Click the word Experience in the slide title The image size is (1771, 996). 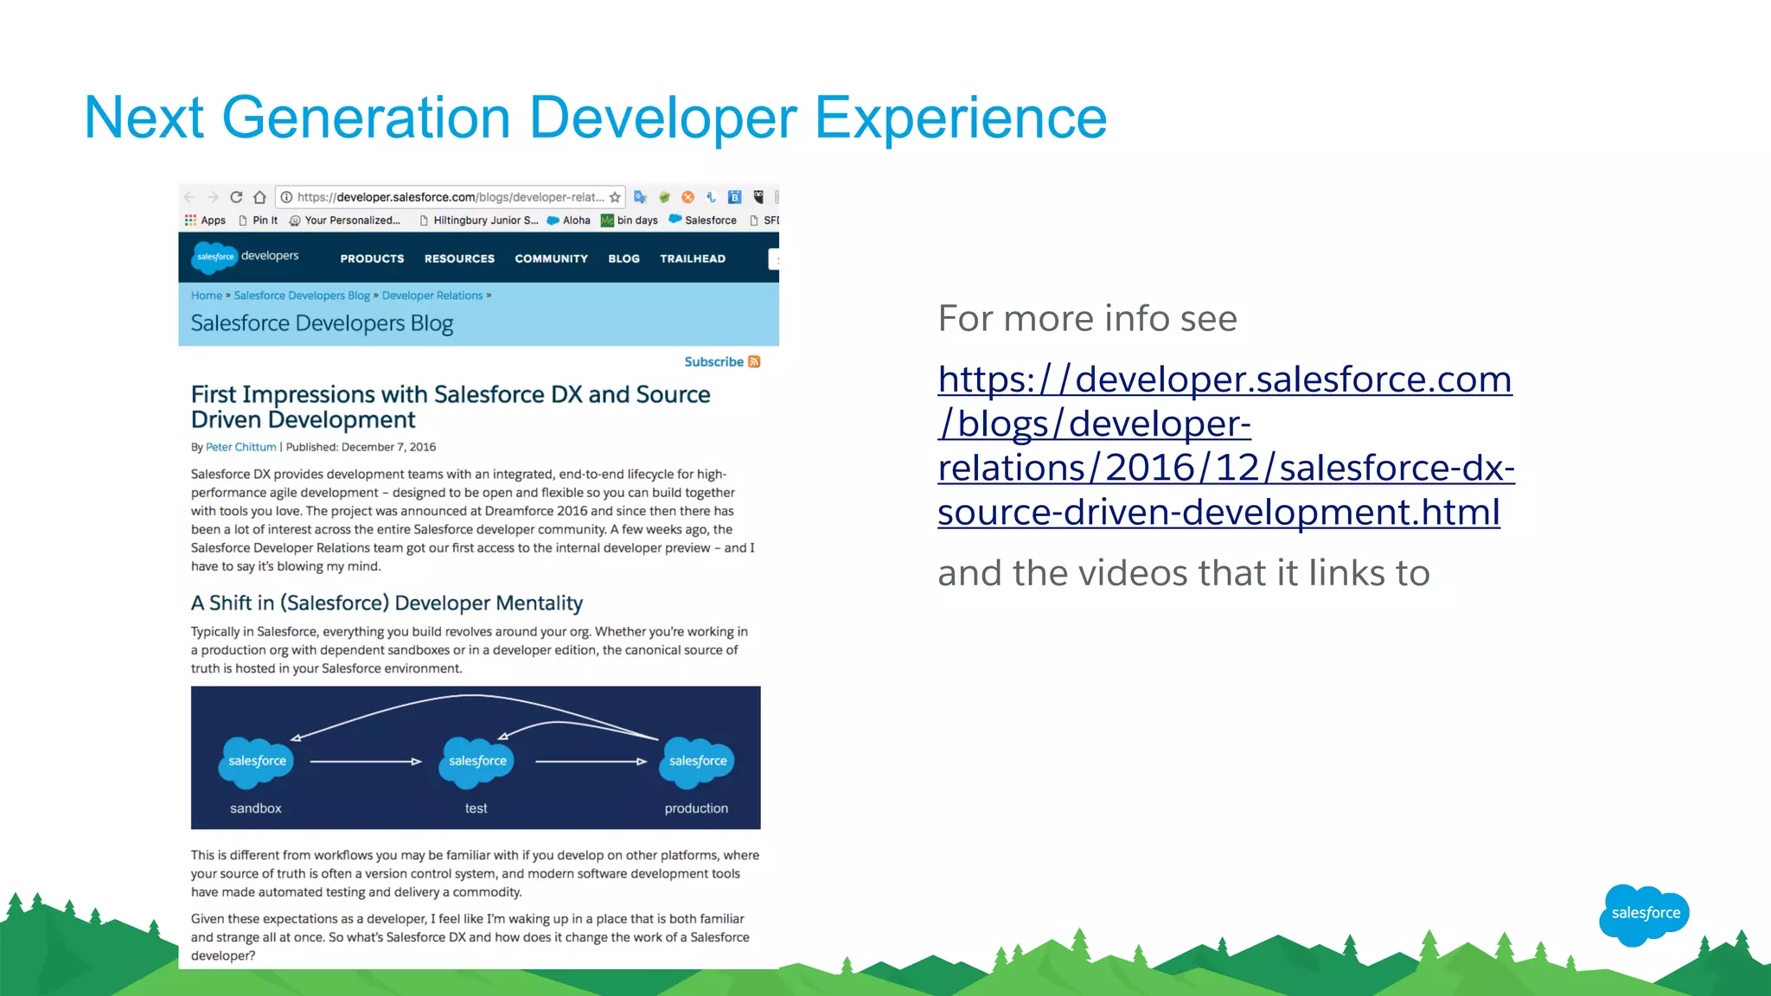point(960,118)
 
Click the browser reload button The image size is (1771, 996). point(236,197)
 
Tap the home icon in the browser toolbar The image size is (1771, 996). point(259,197)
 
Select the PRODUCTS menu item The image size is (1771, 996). point(372,259)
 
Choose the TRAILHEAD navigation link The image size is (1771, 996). point(693,259)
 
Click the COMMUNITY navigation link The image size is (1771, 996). point(551,259)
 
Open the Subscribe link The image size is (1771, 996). point(714,361)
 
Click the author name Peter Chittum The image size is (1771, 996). point(240,447)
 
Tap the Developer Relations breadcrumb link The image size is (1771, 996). point(432,296)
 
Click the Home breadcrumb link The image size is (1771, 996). point(206,296)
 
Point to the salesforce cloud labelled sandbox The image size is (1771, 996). point(257,761)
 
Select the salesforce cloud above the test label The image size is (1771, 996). point(477,761)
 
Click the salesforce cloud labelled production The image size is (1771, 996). point(698,761)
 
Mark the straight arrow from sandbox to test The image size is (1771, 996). point(365,762)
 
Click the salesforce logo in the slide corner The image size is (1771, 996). point(1644,913)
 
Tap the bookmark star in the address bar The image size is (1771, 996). point(615,197)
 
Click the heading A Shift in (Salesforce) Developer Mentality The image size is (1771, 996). point(387,603)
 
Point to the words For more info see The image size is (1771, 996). point(1087,318)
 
